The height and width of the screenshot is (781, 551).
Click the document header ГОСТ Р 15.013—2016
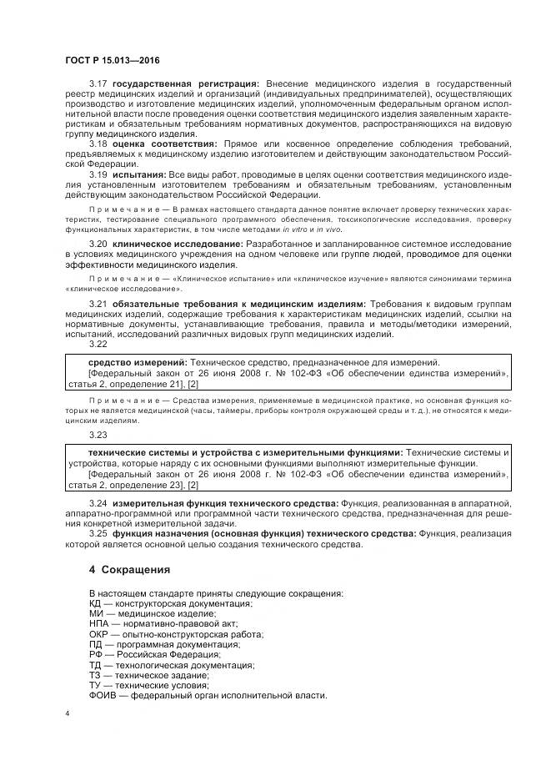pos(113,61)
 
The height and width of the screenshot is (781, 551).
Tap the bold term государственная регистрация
pos(187,84)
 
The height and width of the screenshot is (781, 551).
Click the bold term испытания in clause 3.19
pos(138,174)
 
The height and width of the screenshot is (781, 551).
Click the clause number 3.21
pos(98,303)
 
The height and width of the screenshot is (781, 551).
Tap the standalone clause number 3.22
pos(98,344)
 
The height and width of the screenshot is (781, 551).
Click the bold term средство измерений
pos(137,363)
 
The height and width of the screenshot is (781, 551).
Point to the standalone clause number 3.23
pos(98,435)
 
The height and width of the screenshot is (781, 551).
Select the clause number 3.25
pos(98,533)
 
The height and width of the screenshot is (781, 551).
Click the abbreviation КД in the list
pos(95,602)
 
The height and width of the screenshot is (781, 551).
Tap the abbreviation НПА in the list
pos(99,623)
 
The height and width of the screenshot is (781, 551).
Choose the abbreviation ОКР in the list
pos(99,633)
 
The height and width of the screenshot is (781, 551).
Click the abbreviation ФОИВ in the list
pos(103,695)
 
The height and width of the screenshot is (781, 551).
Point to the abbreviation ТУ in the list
pos(95,684)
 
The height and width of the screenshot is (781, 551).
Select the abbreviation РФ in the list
pos(95,654)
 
